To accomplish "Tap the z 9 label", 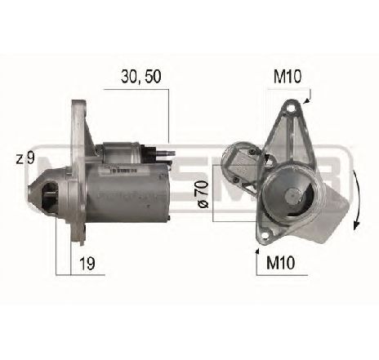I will [25, 158].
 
